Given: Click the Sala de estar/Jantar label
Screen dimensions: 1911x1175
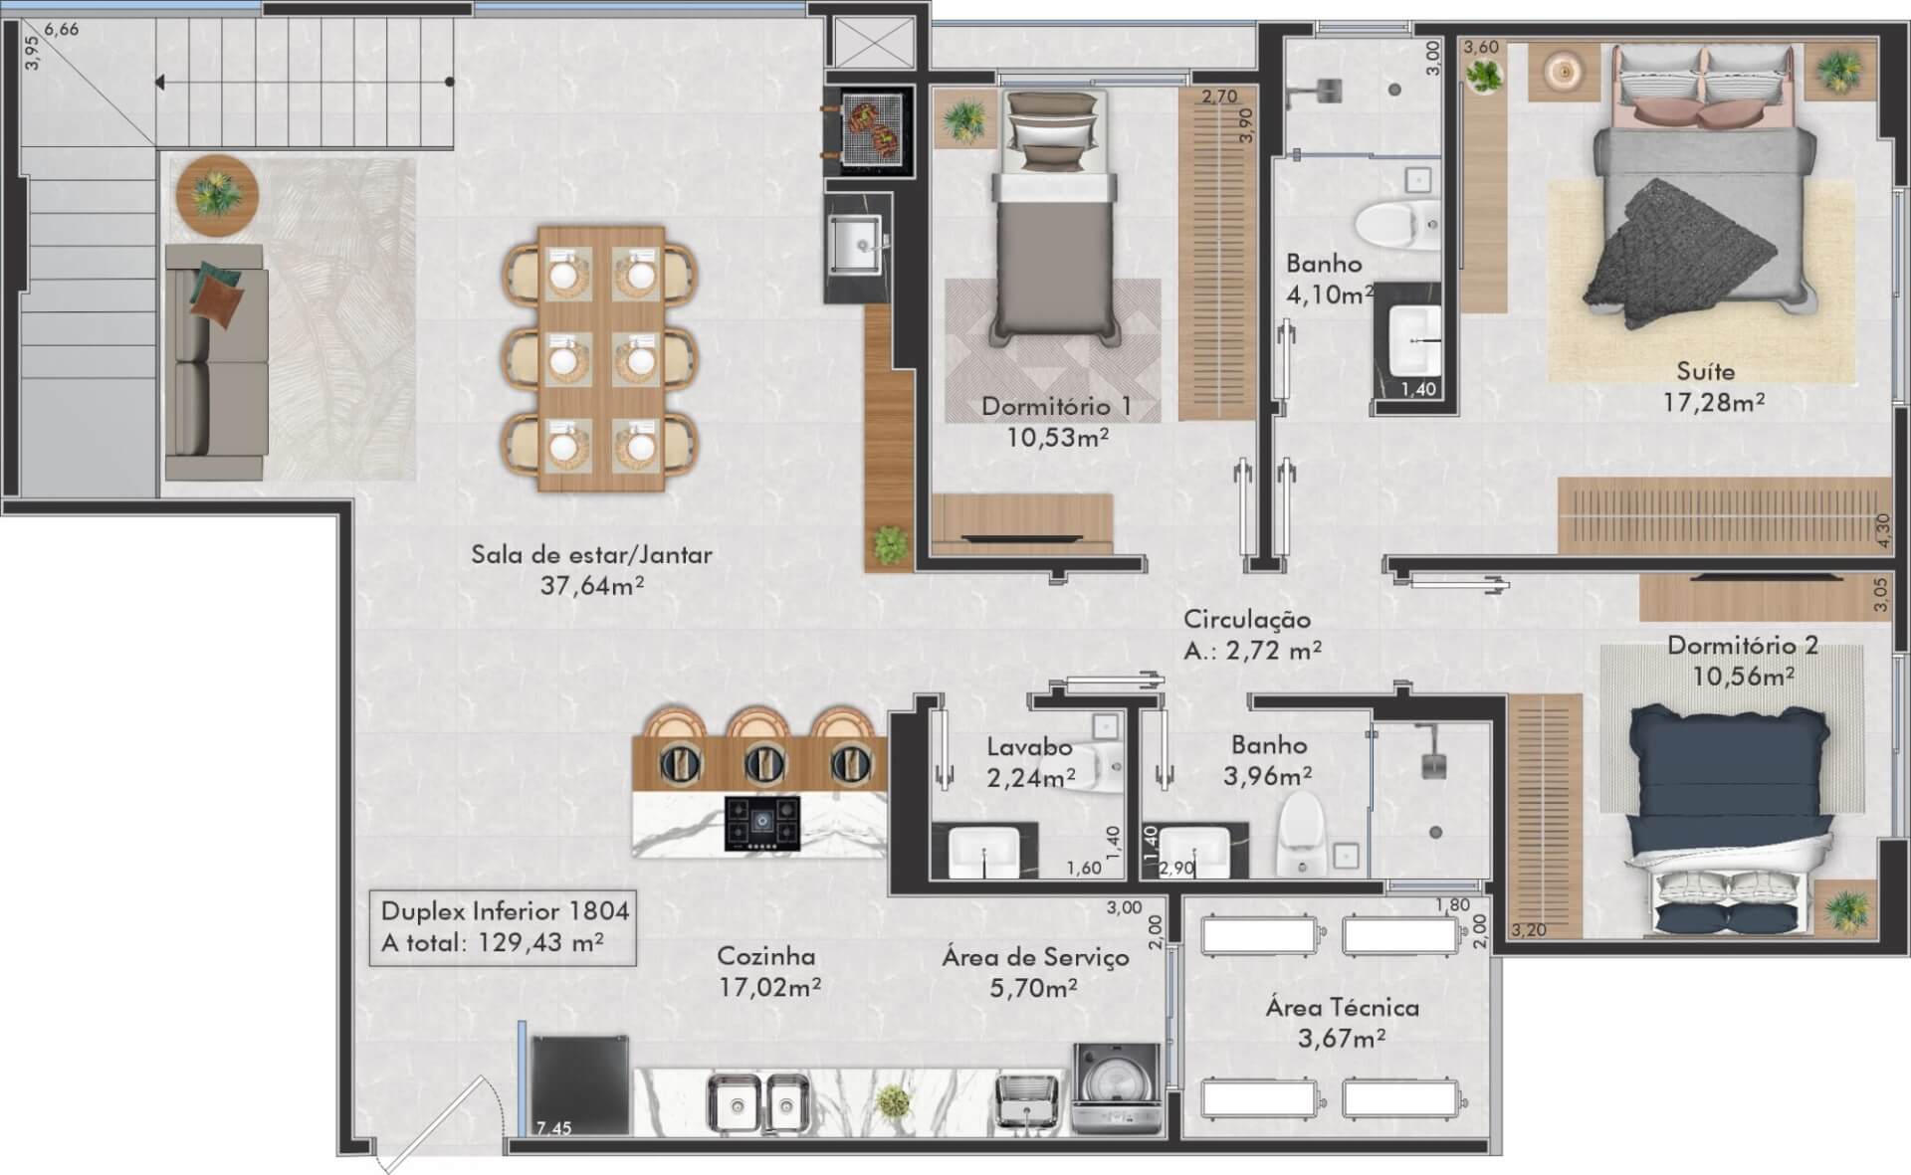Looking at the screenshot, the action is coord(591,554).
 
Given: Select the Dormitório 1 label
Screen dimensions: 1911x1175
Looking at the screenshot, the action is coord(1056,406).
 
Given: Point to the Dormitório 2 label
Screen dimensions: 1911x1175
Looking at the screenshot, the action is coord(1743,645).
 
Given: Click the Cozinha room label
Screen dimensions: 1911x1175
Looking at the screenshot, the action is coord(766,956).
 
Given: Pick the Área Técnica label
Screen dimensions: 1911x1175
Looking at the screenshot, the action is coord(1342,1007).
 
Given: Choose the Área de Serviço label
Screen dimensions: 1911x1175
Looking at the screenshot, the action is coord(1035,957).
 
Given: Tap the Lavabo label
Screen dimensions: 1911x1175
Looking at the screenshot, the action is coord(1029,746).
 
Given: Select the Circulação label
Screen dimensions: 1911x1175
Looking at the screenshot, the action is coord(1246,619).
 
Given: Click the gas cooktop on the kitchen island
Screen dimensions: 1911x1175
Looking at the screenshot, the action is coord(762,823).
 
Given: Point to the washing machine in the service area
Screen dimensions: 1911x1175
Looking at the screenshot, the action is coord(1116,1089).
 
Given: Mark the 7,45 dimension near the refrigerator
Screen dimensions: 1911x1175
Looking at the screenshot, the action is coord(553,1127).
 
